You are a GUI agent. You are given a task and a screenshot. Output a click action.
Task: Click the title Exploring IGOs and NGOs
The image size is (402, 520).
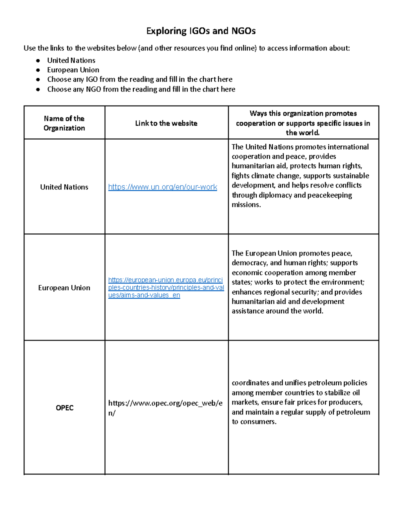[x=201, y=31]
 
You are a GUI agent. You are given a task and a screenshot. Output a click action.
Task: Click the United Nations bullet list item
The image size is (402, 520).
[x=71, y=60]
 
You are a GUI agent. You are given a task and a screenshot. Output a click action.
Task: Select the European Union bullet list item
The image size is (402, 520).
[x=73, y=70]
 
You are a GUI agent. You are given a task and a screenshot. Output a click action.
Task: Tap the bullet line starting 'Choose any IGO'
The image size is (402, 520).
[x=140, y=79]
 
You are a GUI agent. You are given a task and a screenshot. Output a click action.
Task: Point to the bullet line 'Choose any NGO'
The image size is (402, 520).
[x=141, y=89]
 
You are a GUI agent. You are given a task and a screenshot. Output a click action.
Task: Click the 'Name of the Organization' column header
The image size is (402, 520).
[x=64, y=123]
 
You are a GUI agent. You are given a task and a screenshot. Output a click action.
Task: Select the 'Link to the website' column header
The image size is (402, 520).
[x=166, y=123]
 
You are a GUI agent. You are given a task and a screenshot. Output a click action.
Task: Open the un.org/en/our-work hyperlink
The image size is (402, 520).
[x=162, y=187]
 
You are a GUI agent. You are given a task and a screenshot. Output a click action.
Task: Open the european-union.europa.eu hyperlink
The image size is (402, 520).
[x=166, y=287]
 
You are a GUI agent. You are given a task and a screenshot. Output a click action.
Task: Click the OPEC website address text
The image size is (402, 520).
[x=165, y=407]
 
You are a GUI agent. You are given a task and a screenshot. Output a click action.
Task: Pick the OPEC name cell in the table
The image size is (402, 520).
[x=64, y=407]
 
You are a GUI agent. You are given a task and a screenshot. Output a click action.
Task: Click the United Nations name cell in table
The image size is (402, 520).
[x=64, y=187]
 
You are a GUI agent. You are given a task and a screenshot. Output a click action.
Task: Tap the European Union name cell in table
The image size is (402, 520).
[x=64, y=288]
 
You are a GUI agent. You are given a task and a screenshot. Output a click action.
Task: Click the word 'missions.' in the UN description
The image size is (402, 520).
[x=246, y=205]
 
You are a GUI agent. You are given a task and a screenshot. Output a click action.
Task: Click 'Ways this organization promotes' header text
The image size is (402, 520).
[x=303, y=113]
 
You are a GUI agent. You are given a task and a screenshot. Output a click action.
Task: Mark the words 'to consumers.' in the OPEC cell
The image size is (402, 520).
[x=254, y=422]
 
